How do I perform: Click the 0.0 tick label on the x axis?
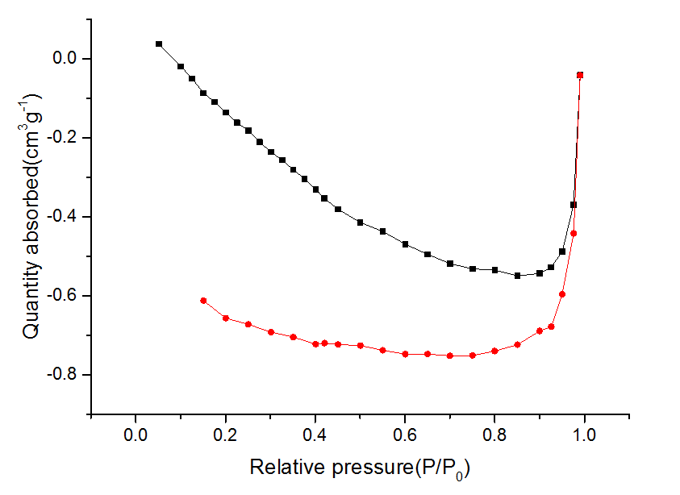(x=135, y=435)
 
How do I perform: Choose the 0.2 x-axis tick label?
(x=225, y=435)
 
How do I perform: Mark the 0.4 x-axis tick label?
(x=315, y=435)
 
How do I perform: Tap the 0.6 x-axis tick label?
(x=405, y=435)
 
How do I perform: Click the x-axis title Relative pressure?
(x=360, y=468)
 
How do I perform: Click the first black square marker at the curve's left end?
(x=159, y=44)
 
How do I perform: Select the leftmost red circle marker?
(x=203, y=301)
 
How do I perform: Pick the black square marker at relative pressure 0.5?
(x=360, y=223)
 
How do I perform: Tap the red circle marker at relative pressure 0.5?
(x=360, y=345)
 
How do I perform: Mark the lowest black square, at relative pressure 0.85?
(x=517, y=276)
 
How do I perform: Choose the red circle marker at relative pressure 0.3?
(x=271, y=332)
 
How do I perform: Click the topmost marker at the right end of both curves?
(x=580, y=75)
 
